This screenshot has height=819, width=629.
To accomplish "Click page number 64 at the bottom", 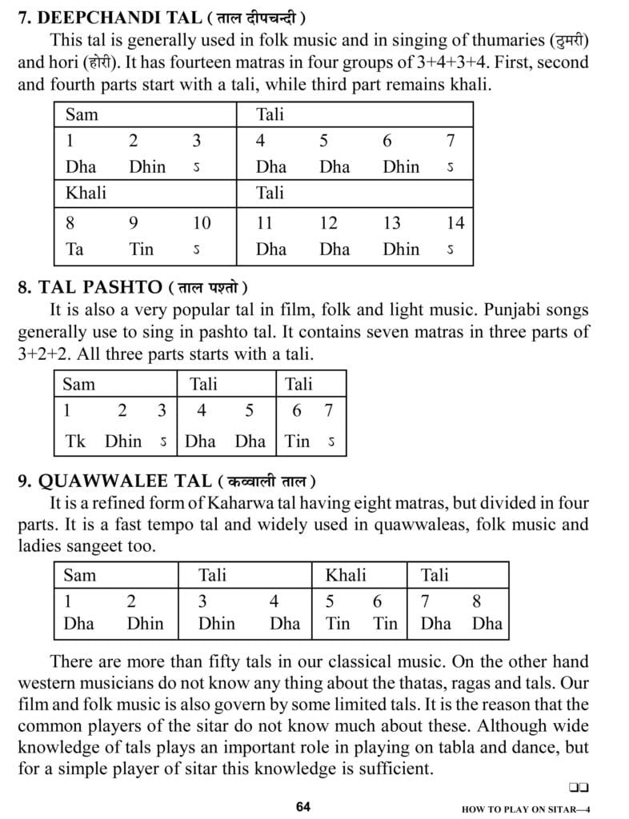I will [302, 806].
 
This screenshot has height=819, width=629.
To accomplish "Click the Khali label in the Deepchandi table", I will [85, 193].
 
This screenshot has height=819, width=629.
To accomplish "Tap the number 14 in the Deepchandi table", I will [455, 223].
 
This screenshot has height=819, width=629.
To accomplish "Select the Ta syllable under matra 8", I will [74, 249].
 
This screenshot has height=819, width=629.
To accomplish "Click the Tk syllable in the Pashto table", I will [75, 440].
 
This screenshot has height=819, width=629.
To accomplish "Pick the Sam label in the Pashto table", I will [78, 384].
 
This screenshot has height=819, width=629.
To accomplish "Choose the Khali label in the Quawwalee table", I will [346, 575].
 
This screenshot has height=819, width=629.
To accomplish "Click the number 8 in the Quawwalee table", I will [477, 601].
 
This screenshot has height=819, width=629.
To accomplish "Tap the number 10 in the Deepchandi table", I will [202, 223].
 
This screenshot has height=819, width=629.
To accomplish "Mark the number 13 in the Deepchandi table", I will [391, 223].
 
